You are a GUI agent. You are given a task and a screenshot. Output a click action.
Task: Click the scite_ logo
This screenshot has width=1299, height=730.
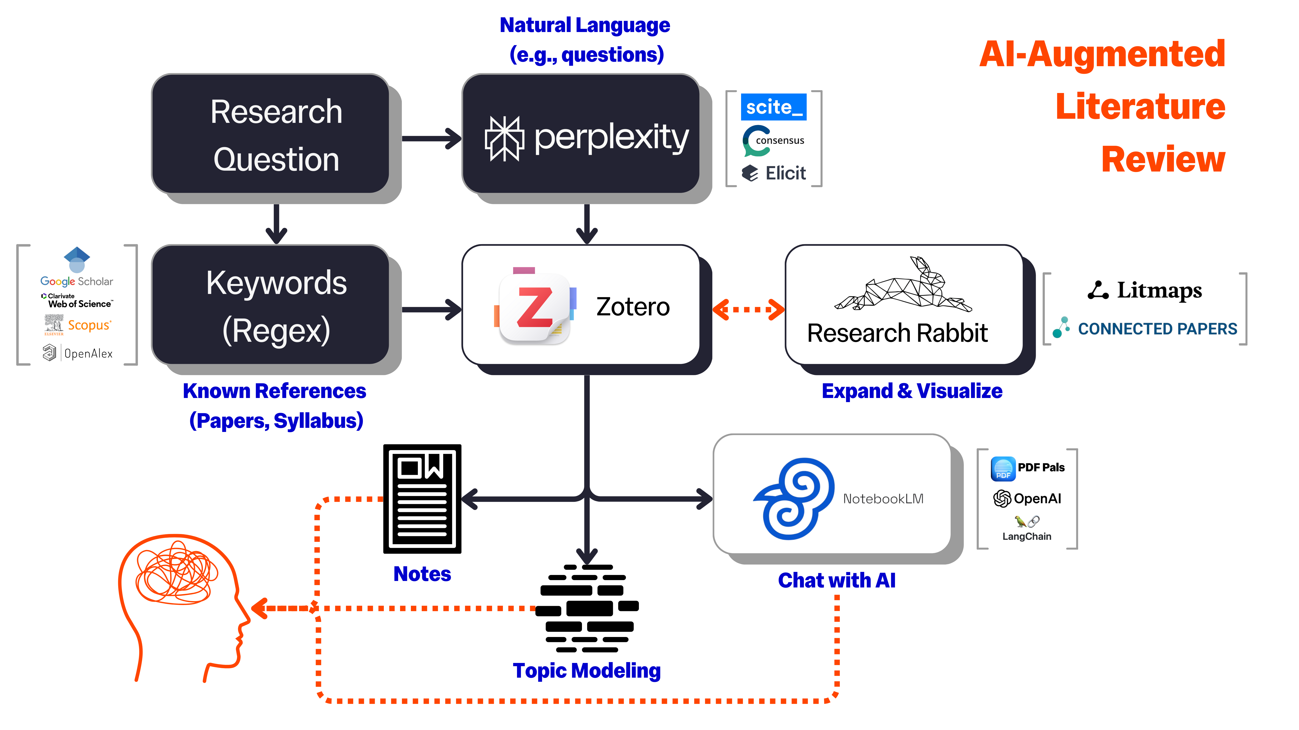773,107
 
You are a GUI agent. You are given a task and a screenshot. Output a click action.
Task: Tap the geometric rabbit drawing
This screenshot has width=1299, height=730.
903,285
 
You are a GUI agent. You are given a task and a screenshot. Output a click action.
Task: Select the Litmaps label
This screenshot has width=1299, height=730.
1145,291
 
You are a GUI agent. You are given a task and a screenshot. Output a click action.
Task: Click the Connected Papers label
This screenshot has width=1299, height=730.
1145,329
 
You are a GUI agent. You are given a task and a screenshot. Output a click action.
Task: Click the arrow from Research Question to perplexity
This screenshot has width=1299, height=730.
431,138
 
